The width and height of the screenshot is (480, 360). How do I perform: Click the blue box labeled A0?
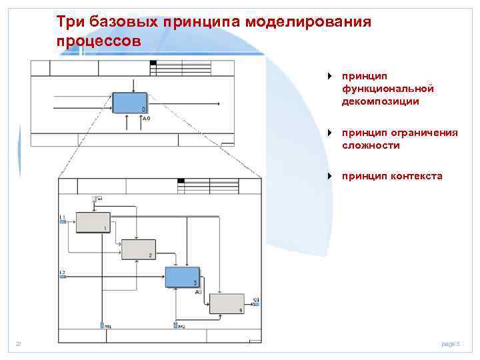click(x=129, y=103)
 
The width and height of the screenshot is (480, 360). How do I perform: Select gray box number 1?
click(x=93, y=222)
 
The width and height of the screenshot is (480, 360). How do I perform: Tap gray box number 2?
click(x=137, y=249)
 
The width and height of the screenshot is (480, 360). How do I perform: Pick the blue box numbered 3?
click(x=182, y=276)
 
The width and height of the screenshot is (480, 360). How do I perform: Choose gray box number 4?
click(x=227, y=303)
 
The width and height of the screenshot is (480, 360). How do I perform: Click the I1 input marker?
click(x=63, y=220)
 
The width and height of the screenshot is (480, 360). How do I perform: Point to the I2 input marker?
click(x=63, y=274)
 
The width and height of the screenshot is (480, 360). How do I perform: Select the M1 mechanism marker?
click(x=105, y=325)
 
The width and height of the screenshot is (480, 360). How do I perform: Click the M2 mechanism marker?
click(x=177, y=325)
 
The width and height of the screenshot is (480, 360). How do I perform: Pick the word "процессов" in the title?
click(x=99, y=41)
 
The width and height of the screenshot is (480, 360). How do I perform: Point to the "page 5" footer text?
click(x=451, y=344)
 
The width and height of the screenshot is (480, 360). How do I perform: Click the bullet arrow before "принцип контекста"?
click(x=329, y=176)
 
